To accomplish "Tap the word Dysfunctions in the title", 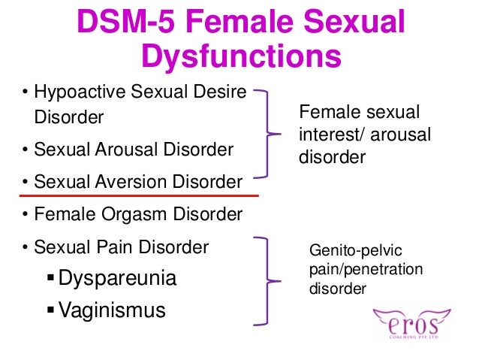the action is tap(240, 56).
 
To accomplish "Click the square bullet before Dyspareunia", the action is tap(50, 279).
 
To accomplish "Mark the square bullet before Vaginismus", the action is tap(50, 310).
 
